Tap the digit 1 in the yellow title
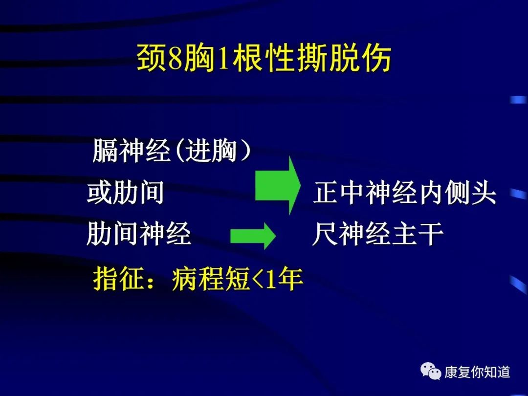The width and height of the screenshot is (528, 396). coord(223,59)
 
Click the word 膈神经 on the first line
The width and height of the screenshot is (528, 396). coord(131,150)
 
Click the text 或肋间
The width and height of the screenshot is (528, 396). coord(126,192)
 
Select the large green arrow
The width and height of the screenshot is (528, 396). coord(278,186)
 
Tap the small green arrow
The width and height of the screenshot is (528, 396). coord(253,236)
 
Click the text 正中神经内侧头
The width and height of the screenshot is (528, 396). coord(405,192)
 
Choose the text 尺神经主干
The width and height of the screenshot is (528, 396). coord(378,234)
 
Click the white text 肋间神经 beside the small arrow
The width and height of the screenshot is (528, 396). coord(139,234)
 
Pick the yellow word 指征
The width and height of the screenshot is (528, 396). coord(119,279)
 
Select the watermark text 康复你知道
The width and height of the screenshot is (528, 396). coord(477,372)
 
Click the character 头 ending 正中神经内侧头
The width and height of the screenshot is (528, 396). coord(484,193)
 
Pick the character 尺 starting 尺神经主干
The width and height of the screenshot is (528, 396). coord(325,234)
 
